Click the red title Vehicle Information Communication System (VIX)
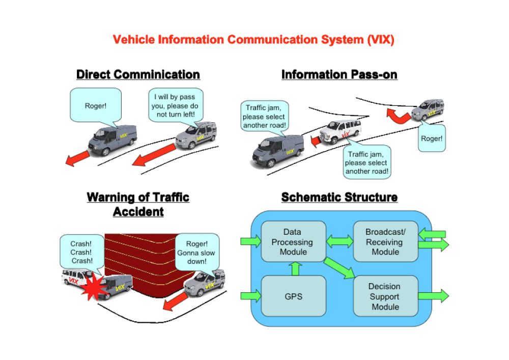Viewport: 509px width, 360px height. [253, 40]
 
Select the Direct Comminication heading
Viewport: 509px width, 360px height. [138, 74]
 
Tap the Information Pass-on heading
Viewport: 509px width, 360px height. [339, 74]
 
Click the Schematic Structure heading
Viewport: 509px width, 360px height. [339, 197]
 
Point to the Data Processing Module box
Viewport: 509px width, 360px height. [293, 241]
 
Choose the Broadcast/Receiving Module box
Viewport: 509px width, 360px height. [385, 241]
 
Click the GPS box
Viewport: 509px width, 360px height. [293, 296]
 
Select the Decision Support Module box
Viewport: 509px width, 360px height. [385, 296]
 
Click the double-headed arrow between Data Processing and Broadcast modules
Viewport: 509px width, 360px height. [340, 241]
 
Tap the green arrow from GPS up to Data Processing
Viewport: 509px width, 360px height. [295, 269]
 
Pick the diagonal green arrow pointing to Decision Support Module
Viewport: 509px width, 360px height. [339, 268]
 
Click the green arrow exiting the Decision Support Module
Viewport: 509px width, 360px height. [433, 296]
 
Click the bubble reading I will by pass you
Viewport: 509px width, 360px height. [176, 105]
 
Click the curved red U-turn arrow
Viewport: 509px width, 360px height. [398, 117]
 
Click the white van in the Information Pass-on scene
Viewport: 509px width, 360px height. [340, 131]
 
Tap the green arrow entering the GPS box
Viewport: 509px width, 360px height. [250, 296]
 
